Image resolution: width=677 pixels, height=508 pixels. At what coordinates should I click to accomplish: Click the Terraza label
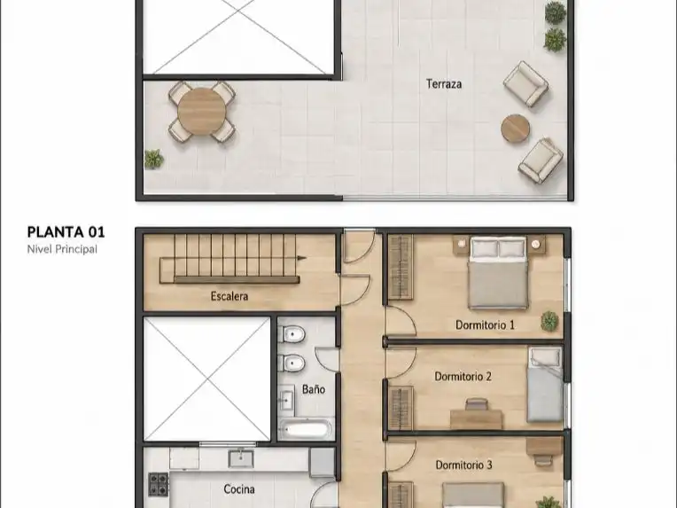tap(444, 84)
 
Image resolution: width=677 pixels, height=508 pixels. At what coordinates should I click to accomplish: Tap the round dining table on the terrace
tap(202, 112)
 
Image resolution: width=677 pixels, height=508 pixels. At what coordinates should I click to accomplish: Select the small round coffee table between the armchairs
tap(515, 129)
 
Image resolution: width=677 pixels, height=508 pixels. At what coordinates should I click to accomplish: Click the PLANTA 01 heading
tap(66, 232)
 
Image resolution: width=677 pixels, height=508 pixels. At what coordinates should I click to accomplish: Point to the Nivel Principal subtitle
tap(62, 249)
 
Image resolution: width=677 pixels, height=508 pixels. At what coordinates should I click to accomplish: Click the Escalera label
tap(230, 296)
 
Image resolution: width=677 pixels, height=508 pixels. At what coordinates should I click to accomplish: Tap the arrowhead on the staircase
tap(302, 258)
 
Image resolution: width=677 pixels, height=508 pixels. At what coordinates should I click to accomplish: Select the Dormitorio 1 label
tap(486, 324)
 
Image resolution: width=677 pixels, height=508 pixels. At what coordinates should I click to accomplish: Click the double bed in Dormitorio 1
tap(498, 272)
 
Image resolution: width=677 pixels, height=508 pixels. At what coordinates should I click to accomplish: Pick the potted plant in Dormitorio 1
tap(549, 322)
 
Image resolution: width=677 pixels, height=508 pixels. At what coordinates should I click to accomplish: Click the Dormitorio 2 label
tap(463, 377)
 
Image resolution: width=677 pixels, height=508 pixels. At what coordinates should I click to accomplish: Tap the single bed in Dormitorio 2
tap(545, 385)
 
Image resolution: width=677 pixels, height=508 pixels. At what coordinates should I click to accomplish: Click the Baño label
tap(314, 389)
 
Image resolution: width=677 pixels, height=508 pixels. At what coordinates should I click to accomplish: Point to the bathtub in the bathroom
tap(306, 429)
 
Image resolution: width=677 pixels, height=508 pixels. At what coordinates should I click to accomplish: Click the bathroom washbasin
tap(286, 401)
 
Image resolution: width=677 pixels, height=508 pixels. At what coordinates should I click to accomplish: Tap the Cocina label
tap(238, 489)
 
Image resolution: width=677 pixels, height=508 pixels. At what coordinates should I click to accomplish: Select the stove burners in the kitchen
tap(159, 484)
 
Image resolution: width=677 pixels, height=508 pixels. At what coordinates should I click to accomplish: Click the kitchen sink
tap(241, 457)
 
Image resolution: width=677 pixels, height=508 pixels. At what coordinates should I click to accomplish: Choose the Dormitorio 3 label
tap(463, 465)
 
